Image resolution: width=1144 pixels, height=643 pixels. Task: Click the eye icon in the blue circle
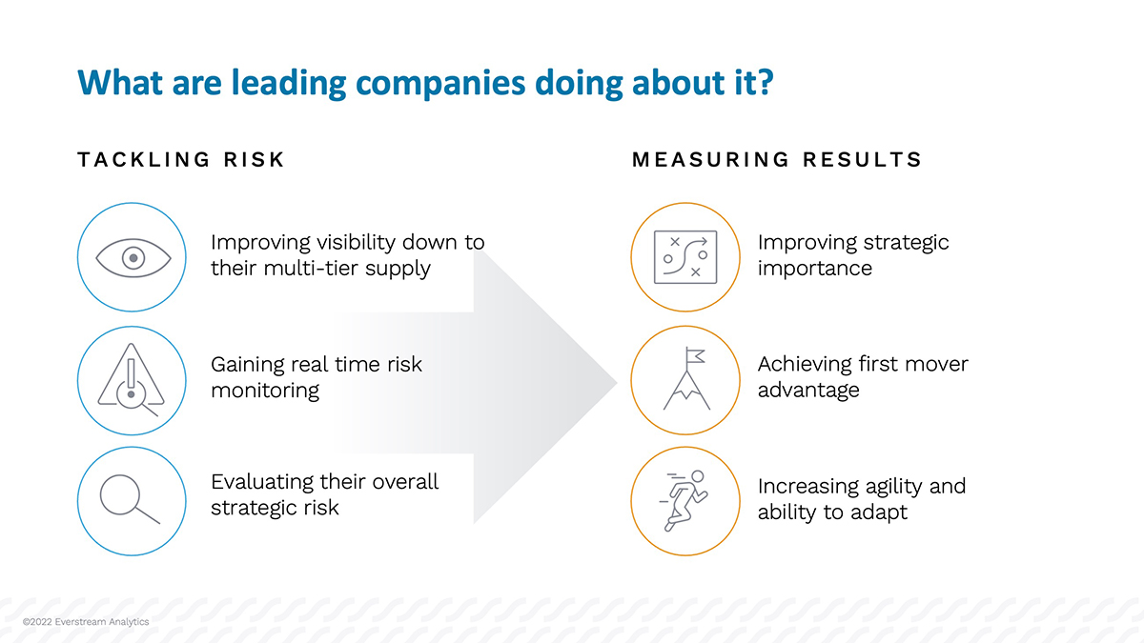(x=133, y=257)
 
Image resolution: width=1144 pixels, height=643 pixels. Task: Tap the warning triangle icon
(x=132, y=383)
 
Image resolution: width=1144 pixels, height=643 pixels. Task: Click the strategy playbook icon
(x=685, y=257)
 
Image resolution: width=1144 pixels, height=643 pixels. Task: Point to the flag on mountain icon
(x=685, y=379)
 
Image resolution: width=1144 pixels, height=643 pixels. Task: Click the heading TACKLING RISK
(x=181, y=160)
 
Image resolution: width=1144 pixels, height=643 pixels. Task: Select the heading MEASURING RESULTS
(x=777, y=160)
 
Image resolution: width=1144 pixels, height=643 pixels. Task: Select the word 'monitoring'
(x=264, y=390)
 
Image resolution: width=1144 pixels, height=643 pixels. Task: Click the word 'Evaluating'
(x=262, y=482)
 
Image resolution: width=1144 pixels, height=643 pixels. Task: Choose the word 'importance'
(x=814, y=268)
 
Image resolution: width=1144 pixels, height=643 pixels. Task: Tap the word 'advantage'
(x=807, y=390)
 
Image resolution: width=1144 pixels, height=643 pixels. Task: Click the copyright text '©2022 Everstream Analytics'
(x=86, y=622)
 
